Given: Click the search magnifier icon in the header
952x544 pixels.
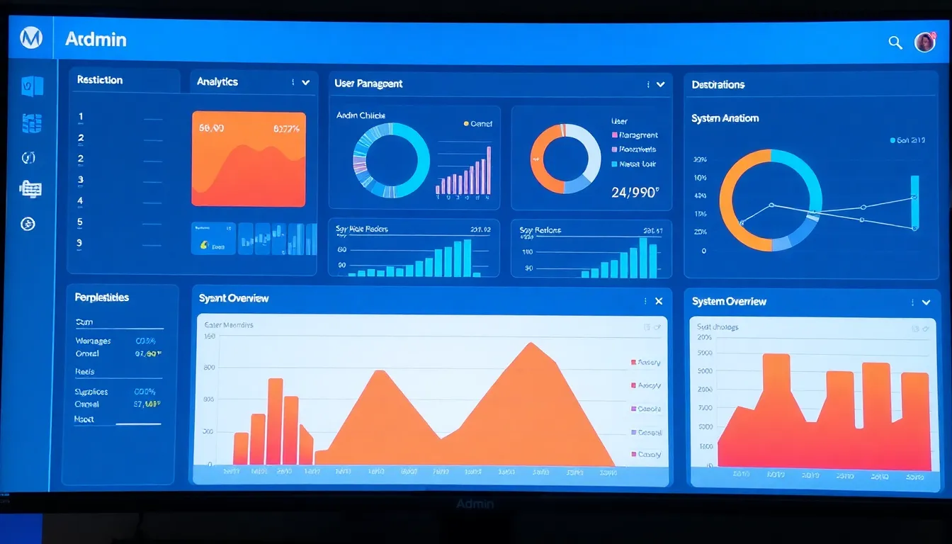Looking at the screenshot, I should click(x=895, y=42).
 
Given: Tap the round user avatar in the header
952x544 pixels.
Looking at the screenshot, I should click(x=924, y=42).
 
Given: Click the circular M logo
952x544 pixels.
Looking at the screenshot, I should click(x=30, y=38).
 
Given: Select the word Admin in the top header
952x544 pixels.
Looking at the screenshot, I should click(x=96, y=39).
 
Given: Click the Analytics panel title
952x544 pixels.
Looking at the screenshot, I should click(x=217, y=81).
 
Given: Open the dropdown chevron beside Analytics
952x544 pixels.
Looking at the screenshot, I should click(x=305, y=82).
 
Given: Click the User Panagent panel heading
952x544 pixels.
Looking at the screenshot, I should click(x=368, y=84).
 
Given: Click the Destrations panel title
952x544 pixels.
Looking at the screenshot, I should click(x=718, y=84).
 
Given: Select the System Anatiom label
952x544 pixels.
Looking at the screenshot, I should click(x=725, y=118).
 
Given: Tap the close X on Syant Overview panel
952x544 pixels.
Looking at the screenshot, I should click(x=659, y=301).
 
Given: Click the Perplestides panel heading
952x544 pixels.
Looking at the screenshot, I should click(x=102, y=297).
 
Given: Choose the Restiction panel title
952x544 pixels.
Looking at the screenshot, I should click(x=100, y=80).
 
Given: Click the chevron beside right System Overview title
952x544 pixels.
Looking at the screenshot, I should click(x=926, y=302).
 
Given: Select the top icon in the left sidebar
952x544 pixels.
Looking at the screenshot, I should click(x=32, y=86).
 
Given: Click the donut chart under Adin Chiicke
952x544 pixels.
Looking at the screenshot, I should click(x=391, y=160).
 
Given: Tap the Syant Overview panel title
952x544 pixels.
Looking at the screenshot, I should click(x=234, y=298).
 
